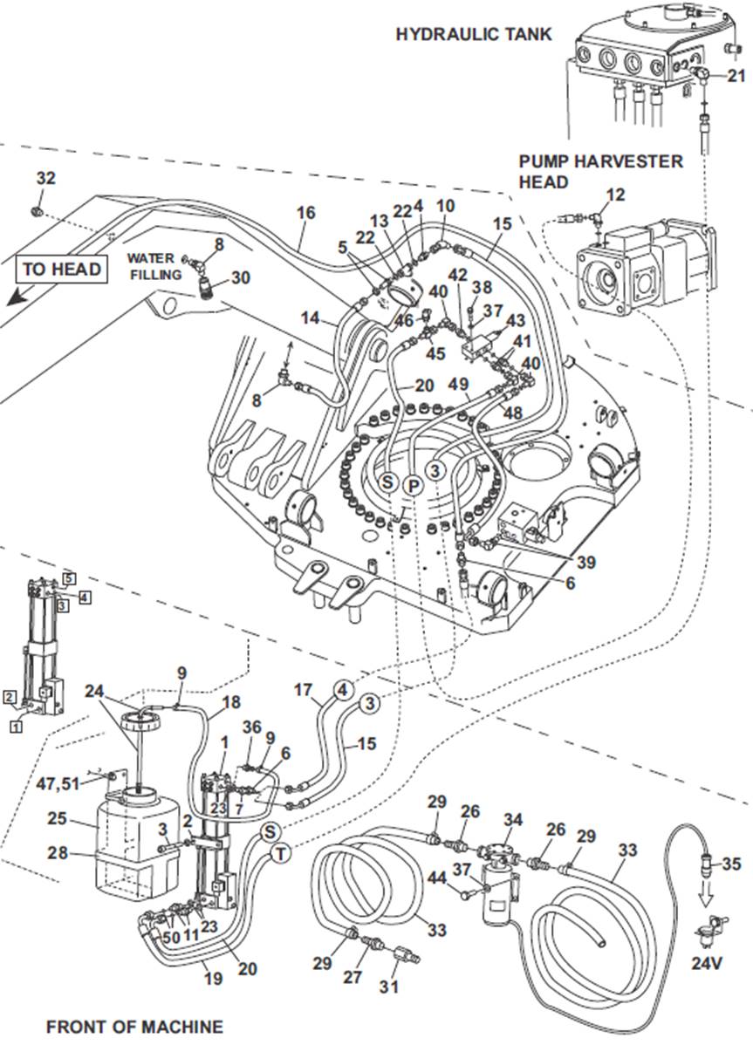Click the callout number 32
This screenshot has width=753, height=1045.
click(x=45, y=178)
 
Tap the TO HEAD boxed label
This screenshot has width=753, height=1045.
click(x=62, y=268)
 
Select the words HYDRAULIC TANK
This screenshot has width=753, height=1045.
click(x=474, y=34)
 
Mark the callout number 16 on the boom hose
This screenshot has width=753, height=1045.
click(x=305, y=213)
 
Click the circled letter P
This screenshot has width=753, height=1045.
click(x=413, y=484)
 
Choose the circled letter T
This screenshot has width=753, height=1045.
click(x=279, y=853)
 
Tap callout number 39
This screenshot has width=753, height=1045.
click(x=586, y=563)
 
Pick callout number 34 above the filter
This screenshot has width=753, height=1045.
click(x=515, y=819)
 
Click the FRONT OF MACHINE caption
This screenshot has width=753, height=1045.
click(x=134, y=1026)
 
